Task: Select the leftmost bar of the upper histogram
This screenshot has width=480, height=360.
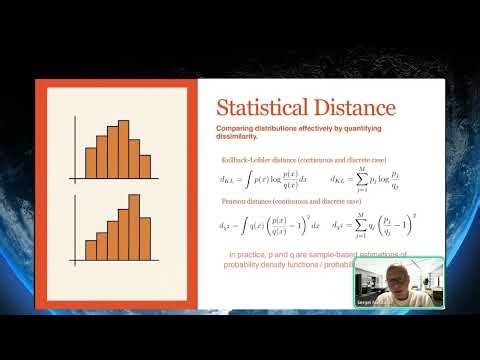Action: point(90,164)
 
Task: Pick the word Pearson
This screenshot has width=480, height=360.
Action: point(237,204)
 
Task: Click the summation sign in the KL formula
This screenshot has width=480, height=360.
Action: point(363,181)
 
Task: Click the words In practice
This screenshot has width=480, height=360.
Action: point(250,256)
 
